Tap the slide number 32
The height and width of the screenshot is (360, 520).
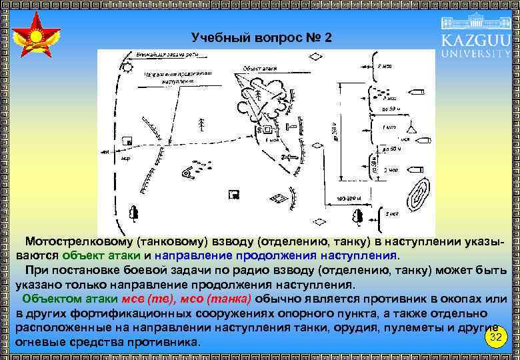click(495, 338)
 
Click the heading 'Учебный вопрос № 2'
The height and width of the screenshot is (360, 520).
click(261, 37)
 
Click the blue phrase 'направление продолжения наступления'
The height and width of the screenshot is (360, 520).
click(276, 255)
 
